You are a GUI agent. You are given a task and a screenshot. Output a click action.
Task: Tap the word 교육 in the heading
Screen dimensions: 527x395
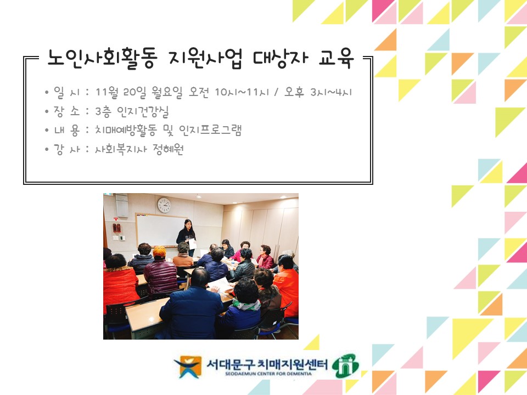click(x=336, y=58)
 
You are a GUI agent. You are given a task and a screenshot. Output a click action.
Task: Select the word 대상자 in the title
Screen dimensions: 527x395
click(x=281, y=59)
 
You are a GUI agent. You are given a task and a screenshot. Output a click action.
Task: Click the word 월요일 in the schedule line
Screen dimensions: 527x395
click(x=167, y=92)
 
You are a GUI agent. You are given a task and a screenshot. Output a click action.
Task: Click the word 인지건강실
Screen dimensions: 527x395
click(x=143, y=111)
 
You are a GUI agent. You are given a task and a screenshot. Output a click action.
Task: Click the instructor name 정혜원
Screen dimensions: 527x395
click(x=168, y=149)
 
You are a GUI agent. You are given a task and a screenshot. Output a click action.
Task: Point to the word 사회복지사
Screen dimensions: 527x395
click(x=121, y=149)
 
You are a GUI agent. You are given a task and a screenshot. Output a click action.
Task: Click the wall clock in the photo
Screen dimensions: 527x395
click(x=164, y=205)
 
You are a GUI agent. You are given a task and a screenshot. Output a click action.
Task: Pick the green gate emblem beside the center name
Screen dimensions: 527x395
click(x=345, y=365)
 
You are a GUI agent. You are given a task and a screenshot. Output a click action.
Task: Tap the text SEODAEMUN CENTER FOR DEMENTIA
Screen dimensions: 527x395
click(x=268, y=374)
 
